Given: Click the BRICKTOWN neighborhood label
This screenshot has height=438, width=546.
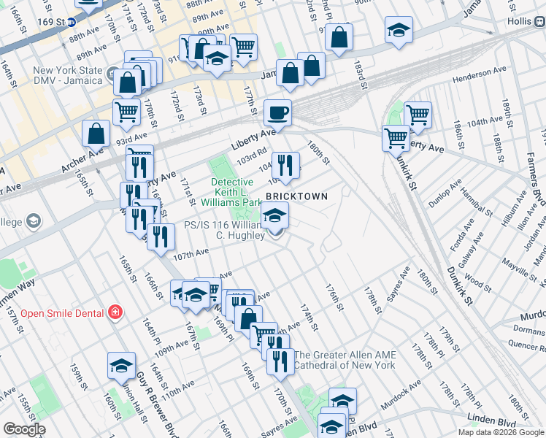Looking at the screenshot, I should click(x=296, y=197).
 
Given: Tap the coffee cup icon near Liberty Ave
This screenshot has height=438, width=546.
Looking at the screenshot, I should click(x=277, y=113).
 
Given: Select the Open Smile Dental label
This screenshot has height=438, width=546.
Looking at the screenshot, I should click(x=63, y=313).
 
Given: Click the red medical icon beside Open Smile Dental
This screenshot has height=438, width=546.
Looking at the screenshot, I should click(x=115, y=313).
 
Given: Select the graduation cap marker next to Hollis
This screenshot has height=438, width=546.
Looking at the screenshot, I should click(x=398, y=31).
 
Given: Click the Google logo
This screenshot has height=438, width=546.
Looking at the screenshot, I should click(x=24, y=429).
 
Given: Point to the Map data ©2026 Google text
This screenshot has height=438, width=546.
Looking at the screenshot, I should click(x=500, y=432).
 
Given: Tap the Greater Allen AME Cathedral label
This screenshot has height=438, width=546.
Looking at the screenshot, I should click(x=345, y=360).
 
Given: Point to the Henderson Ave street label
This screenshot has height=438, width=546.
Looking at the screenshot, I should click(x=479, y=77).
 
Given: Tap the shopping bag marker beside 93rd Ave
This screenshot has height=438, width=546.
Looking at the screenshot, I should click(x=96, y=134).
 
